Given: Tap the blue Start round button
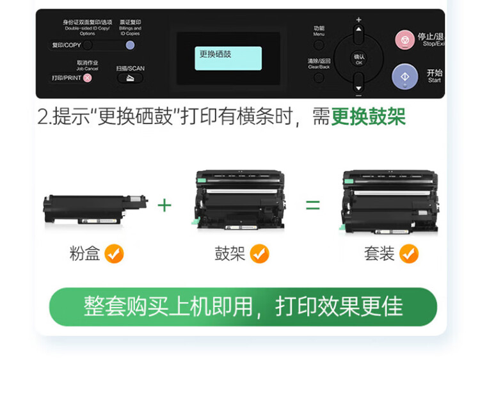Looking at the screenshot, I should tap(404, 77).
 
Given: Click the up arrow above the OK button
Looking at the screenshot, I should tap(358, 31).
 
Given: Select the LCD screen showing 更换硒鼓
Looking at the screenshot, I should tap(229, 58).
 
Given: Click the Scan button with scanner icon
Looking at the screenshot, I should tap(130, 78).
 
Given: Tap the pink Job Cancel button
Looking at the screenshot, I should tap(88, 78).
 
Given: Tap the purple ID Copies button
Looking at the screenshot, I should tap(130, 45).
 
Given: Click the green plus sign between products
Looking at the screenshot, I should tap(165, 205).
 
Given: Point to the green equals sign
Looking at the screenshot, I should tap(312, 205).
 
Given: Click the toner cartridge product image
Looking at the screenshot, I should tap(95, 208).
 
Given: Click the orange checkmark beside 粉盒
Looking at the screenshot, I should tap(114, 254).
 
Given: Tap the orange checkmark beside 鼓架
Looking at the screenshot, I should tap(259, 254).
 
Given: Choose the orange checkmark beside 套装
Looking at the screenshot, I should tap(408, 254).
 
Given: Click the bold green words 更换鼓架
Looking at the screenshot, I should tap(368, 118).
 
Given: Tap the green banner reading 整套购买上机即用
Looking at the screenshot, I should tap(243, 307).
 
